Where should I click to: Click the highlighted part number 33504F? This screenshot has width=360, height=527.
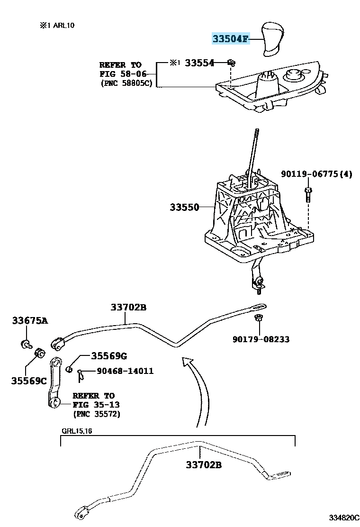[230, 39]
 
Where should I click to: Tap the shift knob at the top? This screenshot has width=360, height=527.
[272, 36]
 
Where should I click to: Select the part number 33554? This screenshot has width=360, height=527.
[199, 63]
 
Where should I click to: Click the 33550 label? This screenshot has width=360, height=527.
[184, 208]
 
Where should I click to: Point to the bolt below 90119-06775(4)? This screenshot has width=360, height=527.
[307, 194]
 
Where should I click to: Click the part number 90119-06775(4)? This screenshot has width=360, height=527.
[316, 174]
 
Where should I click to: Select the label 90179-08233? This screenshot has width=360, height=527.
[261, 339]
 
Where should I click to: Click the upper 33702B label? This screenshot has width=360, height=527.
[129, 308]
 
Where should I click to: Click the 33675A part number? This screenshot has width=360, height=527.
[30, 321]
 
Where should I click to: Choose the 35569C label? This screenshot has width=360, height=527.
[29, 380]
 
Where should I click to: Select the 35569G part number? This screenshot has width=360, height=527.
[109, 356]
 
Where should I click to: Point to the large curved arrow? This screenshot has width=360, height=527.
[201, 389]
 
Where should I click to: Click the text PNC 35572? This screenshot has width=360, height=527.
[97, 414]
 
